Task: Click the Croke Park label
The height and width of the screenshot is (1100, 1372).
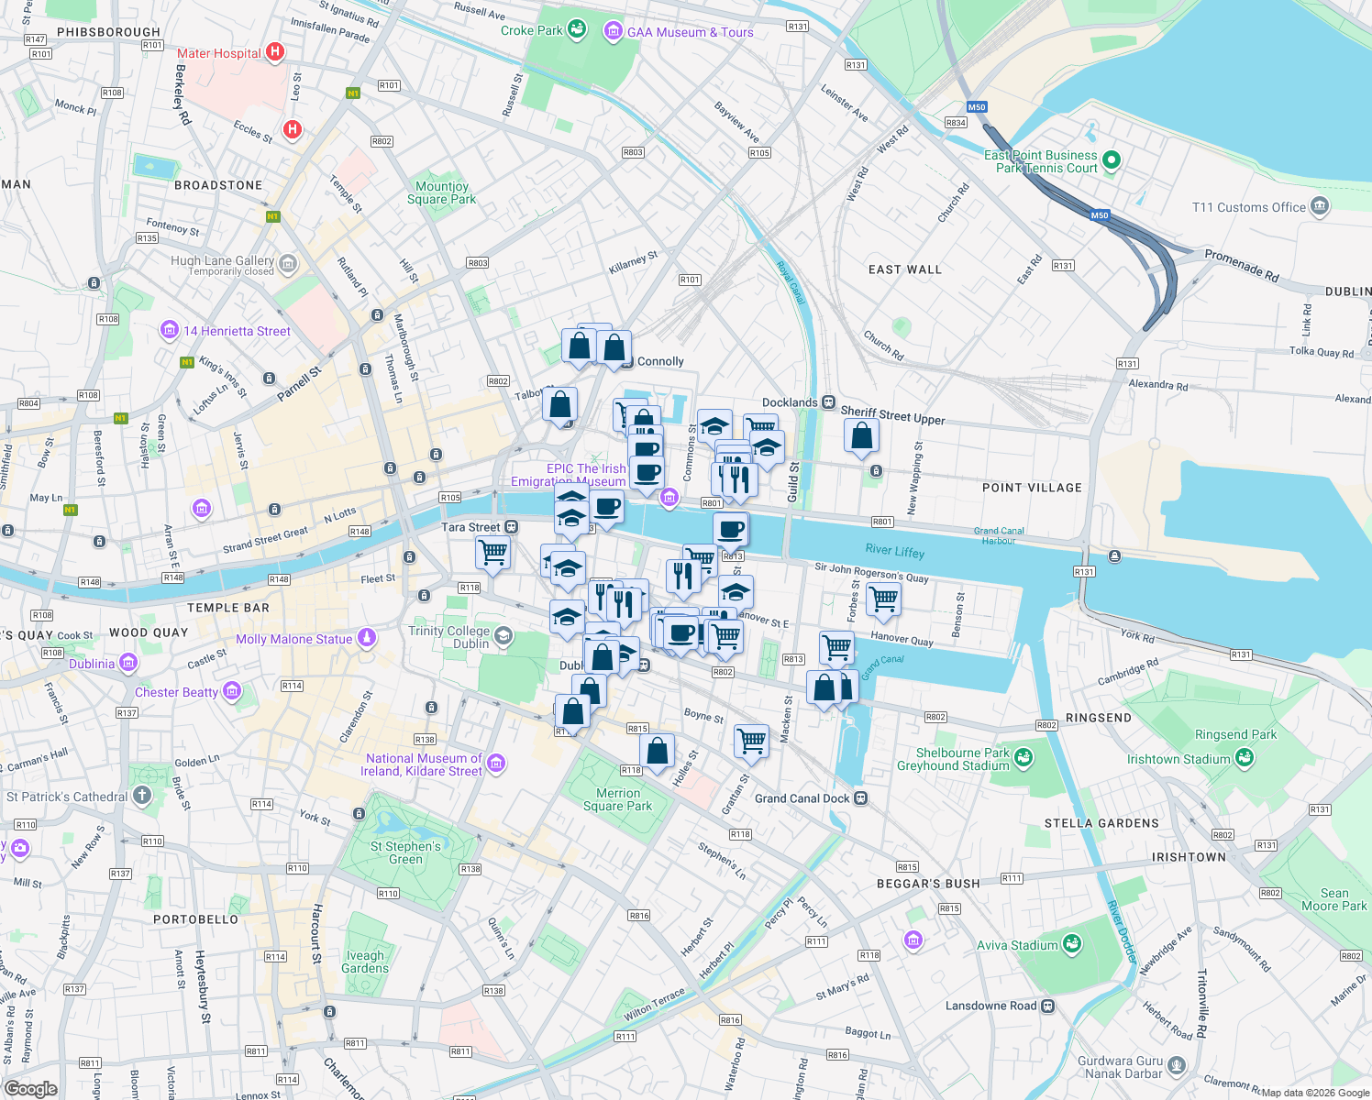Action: tap(531, 30)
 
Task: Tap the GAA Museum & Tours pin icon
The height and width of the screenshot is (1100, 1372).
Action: tap(613, 32)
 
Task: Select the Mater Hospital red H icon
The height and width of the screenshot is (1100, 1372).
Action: tap(274, 52)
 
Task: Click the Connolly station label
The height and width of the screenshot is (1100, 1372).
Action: tap(660, 361)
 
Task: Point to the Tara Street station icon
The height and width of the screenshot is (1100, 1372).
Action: tap(512, 527)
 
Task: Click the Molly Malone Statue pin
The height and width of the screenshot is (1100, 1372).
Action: tap(367, 638)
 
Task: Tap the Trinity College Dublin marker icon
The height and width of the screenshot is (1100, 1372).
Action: tap(503, 636)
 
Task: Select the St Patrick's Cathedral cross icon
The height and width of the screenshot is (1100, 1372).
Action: tap(142, 796)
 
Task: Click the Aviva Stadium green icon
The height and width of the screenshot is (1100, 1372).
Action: tap(1072, 944)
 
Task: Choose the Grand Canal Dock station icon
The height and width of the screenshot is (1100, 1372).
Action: tap(861, 798)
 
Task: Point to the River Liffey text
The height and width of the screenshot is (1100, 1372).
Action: tap(895, 551)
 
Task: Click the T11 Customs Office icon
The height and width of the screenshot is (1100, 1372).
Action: tap(1320, 206)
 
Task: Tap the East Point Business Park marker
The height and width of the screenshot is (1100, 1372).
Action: tap(1112, 160)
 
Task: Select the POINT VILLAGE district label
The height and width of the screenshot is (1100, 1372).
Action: tap(1032, 488)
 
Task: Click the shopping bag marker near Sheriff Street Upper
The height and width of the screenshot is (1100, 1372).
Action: tap(861, 435)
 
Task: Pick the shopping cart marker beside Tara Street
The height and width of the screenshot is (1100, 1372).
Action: tap(493, 552)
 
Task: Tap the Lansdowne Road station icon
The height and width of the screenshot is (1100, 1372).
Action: tap(1048, 1006)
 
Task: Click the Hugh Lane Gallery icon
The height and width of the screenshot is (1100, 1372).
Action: tap(288, 265)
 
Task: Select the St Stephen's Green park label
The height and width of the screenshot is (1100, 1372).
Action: tap(405, 852)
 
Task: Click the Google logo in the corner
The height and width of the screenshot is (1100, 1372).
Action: tap(30, 1088)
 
